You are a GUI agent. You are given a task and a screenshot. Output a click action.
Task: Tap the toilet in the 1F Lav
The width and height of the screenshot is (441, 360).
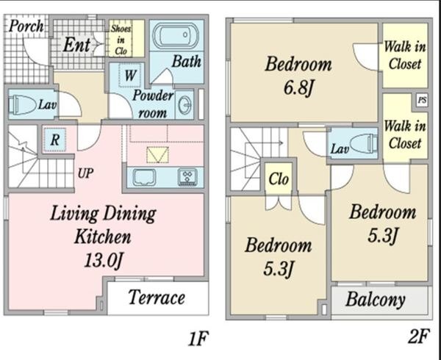[x=23, y=104]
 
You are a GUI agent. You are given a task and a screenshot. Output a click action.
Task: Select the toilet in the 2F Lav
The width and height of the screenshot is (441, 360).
[x=363, y=143]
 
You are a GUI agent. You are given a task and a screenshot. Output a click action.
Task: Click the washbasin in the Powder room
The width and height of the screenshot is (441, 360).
[x=184, y=105]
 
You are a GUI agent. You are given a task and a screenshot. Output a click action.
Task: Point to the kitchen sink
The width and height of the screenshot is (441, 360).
[x=144, y=177]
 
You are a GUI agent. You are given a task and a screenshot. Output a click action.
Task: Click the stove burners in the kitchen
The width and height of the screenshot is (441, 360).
[x=187, y=177]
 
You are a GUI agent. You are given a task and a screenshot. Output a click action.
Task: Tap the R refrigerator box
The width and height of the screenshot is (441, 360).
[x=55, y=140]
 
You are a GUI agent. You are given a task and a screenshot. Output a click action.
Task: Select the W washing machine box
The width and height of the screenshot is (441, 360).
[x=129, y=75]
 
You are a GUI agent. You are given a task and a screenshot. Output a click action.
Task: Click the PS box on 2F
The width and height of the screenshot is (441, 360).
[x=422, y=101]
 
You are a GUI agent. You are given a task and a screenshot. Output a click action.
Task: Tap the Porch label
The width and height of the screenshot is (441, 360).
[x=26, y=26]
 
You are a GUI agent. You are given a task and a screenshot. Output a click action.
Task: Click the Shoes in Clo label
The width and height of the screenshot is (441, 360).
[x=121, y=40]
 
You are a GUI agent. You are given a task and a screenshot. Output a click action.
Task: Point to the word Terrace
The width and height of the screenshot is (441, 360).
[x=157, y=297]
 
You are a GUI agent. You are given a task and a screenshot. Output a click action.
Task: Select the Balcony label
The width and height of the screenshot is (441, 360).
[x=375, y=299]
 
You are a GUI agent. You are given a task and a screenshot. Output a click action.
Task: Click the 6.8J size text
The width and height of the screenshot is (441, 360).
[x=298, y=87]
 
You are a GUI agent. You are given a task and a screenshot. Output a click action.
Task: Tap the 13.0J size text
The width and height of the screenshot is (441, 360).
[x=103, y=260]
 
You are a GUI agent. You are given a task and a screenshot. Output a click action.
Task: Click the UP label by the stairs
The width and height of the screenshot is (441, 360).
[x=85, y=173]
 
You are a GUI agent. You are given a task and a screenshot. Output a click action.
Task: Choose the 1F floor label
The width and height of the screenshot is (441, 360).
[x=198, y=339]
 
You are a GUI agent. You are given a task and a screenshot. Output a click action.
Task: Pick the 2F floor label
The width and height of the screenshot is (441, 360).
[x=419, y=336]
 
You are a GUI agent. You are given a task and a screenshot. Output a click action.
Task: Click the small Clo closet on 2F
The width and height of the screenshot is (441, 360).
[x=279, y=179]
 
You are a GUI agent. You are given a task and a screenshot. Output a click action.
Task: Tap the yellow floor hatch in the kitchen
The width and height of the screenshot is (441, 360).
[x=157, y=154]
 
